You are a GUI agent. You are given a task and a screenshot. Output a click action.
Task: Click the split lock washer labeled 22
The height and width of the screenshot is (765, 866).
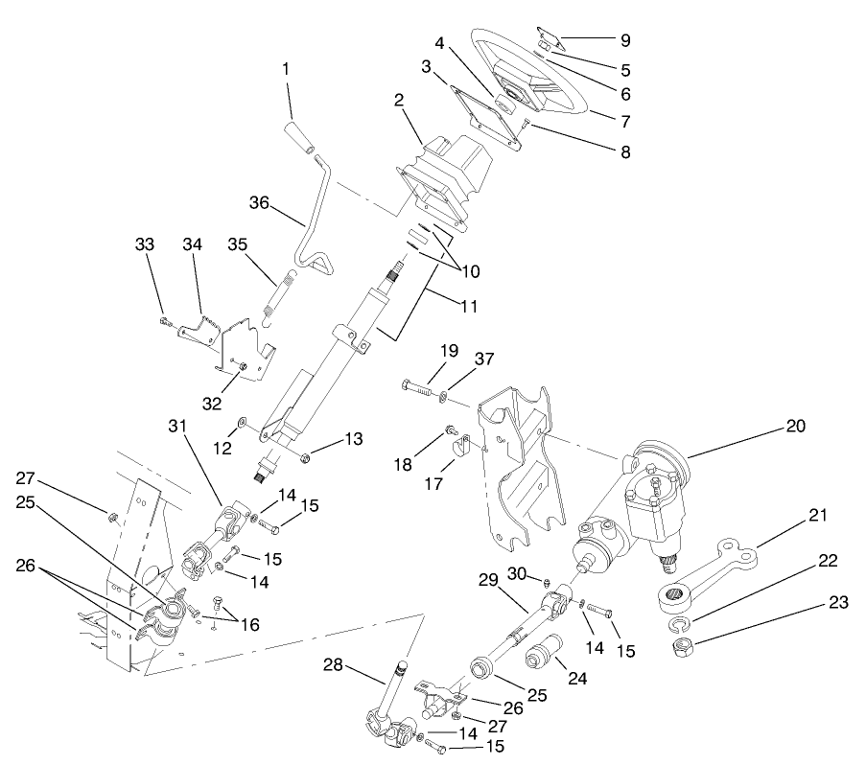tap(679, 626)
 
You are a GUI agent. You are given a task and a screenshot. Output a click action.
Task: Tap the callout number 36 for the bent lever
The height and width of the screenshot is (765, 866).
tap(258, 202)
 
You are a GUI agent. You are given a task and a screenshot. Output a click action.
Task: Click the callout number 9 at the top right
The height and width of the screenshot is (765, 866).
tap(624, 41)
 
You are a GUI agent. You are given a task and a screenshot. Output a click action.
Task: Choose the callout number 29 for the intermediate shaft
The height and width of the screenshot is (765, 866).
tap(488, 580)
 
